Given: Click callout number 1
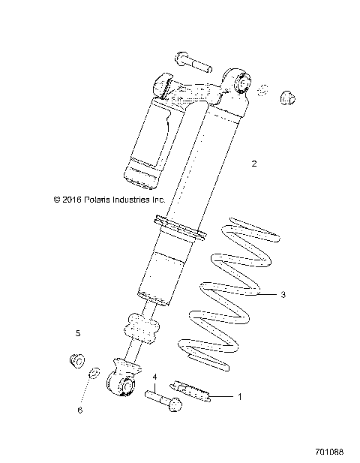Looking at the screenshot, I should coord(240,396).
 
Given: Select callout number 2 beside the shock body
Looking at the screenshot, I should coord(254,163).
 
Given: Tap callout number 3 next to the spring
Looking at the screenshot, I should coord(283,295).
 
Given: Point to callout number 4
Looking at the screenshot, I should coord(155,377).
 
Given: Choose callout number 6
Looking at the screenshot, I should coord(79,410).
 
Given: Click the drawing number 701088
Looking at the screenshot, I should coord(330,453).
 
